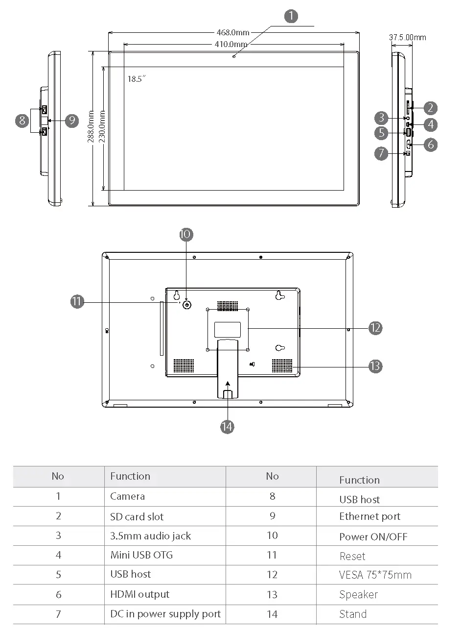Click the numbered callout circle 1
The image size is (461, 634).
click(291, 16)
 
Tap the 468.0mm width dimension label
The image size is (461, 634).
click(233, 33)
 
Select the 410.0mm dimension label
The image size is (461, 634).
click(231, 44)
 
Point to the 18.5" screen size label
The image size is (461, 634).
click(137, 79)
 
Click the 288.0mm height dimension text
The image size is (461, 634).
click(91, 127)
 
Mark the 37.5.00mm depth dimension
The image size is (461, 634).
click(407, 37)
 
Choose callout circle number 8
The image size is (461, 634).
click(22, 120)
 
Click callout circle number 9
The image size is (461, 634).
click(72, 120)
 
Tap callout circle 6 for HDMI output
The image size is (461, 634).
click(430, 145)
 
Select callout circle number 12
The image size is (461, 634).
click(375, 328)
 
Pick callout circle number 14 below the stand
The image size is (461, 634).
click(227, 427)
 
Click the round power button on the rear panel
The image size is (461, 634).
click(187, 305)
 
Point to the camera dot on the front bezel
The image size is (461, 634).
click(234, 56)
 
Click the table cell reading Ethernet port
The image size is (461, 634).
click(369, 516)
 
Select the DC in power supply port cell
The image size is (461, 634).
click(165, 614)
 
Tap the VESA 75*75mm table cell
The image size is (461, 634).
click(375, 575)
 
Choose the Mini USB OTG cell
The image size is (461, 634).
click(141, 555)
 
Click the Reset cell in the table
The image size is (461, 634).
click(352, 556)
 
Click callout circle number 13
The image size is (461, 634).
click(375, 366)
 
